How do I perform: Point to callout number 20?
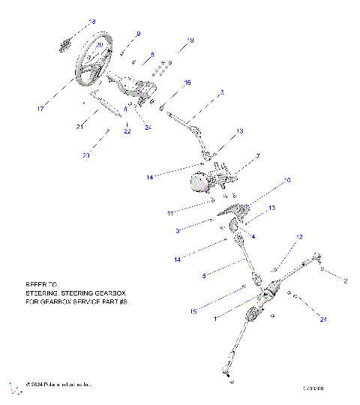pyautogui.click(x=100, y=45)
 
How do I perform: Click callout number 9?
pyautogui.click(x=137, y=34)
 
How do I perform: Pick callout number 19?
pyautogui.click(x=190, y=40)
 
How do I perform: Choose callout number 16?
pyautogui.click(x=187, y=82)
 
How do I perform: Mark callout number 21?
pyautogui.click(x=79, y=127)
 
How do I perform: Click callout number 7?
pyautogui.click(x=257, y=156)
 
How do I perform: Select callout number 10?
pyautogui.click(x=286, y=181)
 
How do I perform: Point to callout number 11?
pyautogui.click(x=170, y=213)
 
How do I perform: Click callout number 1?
pyautogui.click(x=217, y=319)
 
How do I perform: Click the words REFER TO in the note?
pyautogui.click(x=41, y=284)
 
